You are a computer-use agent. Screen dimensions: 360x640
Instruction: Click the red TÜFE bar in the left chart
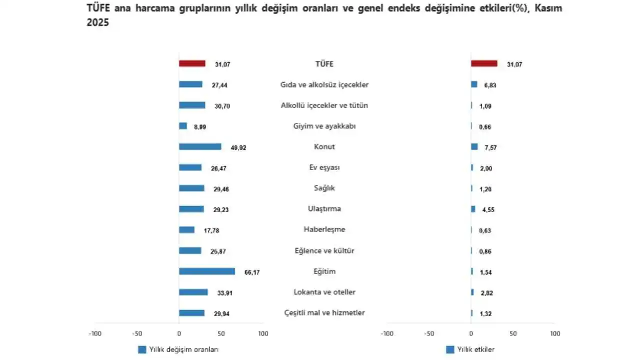point(192,63)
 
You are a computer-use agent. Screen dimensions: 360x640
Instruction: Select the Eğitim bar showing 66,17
point(206,271)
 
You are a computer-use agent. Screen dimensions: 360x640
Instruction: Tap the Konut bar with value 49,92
point(200,147)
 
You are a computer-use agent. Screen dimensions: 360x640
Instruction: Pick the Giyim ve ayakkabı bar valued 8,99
point(183,126)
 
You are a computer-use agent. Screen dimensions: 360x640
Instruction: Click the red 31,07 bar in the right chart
point(484,63)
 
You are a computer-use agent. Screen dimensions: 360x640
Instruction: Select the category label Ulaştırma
point(324,209)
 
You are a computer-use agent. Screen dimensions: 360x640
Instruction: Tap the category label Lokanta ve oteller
point(324,292)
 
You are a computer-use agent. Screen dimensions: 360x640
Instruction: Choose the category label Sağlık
point(324,188)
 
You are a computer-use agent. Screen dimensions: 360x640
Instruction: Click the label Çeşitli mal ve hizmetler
point(324,313)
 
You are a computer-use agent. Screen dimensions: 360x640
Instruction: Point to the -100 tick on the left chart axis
point(94,333)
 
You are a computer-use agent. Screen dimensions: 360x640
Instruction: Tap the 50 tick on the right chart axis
point(512,333)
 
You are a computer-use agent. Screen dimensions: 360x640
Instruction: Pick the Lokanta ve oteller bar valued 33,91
point(193,292)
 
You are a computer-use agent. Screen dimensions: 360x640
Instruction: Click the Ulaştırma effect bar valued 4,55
point(473,209)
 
